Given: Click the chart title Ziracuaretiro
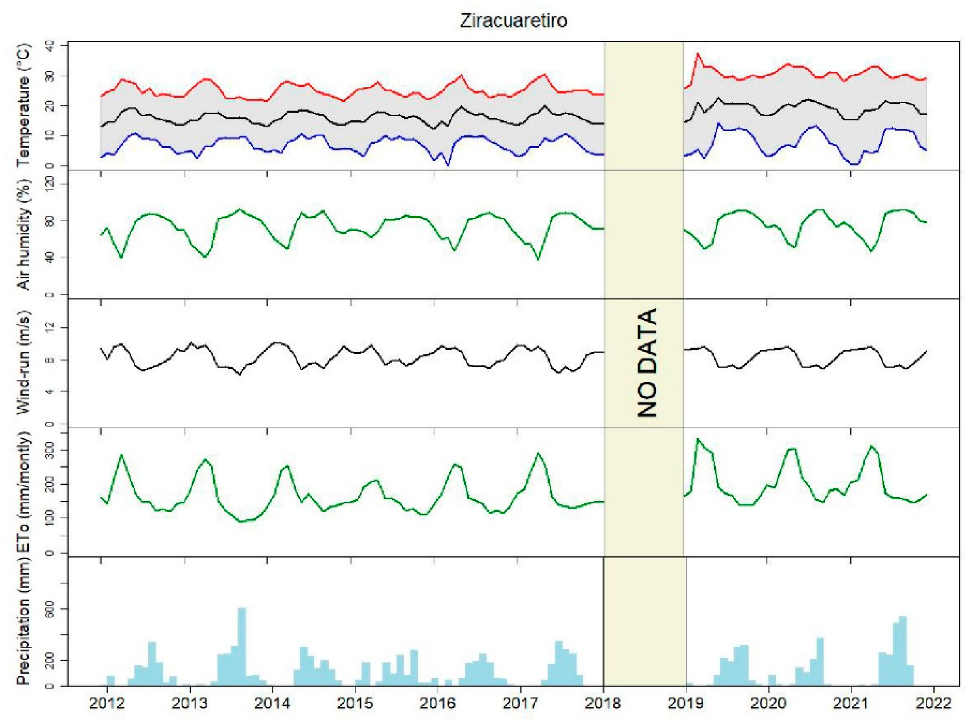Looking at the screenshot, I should (514, 20).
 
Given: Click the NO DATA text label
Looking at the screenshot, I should (647, 363).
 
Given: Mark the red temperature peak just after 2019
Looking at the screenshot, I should (698, 53).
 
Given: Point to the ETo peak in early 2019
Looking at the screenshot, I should (698, 439).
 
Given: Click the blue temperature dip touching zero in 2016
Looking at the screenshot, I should (447, 165).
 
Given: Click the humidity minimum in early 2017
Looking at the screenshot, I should (538, 259).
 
